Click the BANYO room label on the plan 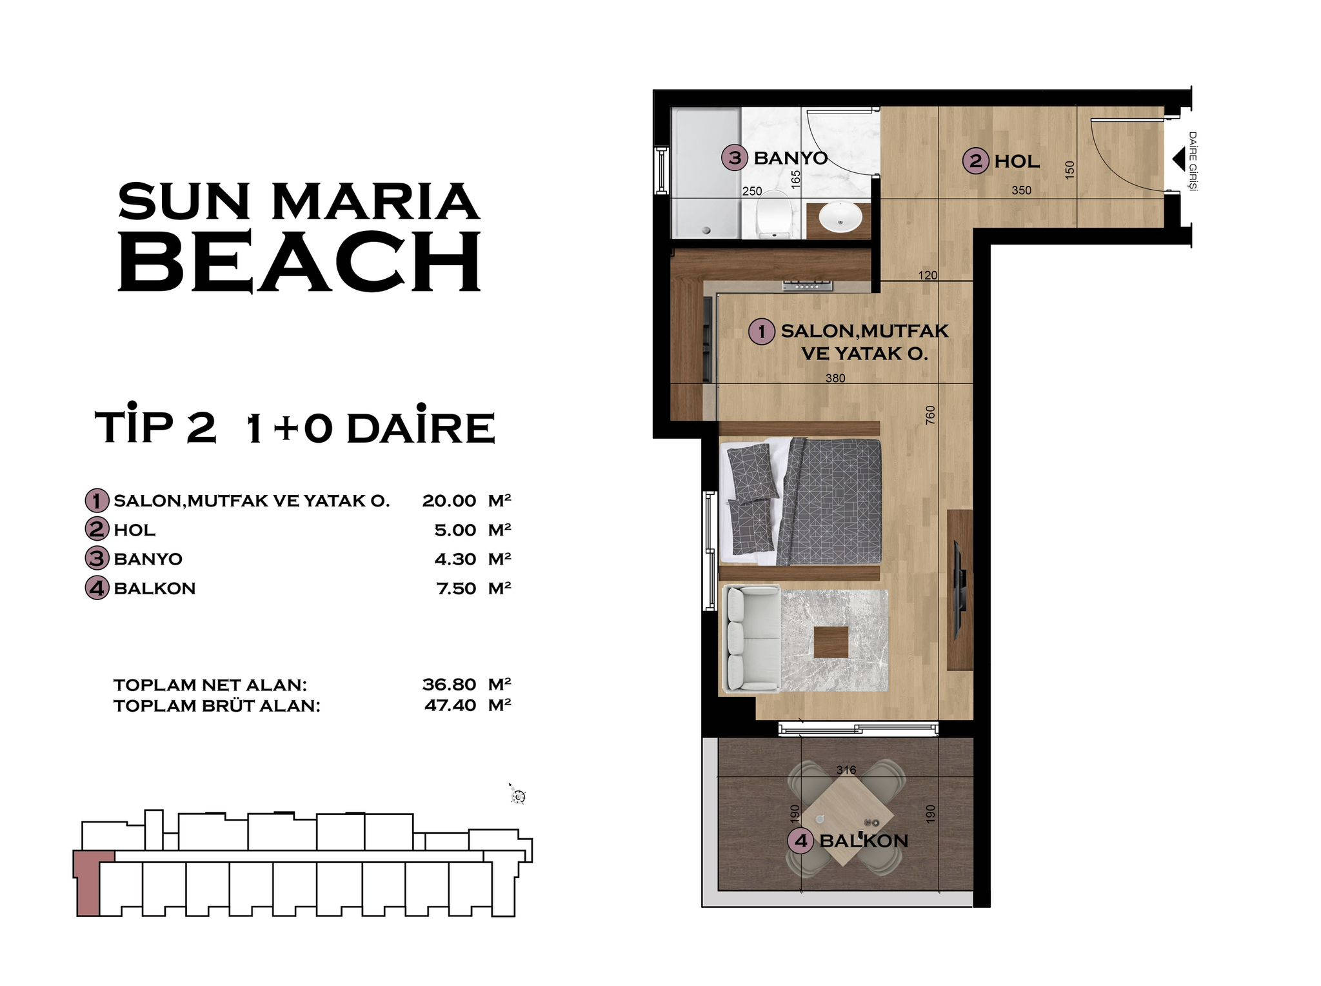pos(790,158)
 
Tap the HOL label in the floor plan pos(1017,161)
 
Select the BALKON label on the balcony pos(864,841)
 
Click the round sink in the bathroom pos(840,217)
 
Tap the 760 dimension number pos(929,415)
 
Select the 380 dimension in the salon pos(835,378)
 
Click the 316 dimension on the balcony pos(846,770)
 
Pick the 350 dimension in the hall pos(1021,190)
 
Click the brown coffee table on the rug pos(831,642)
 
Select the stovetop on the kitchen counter pos(808,285)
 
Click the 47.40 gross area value pos(450,705)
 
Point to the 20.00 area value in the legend pos(449,501)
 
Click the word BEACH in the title pos(300,261)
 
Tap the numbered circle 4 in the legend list pos(97,588)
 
